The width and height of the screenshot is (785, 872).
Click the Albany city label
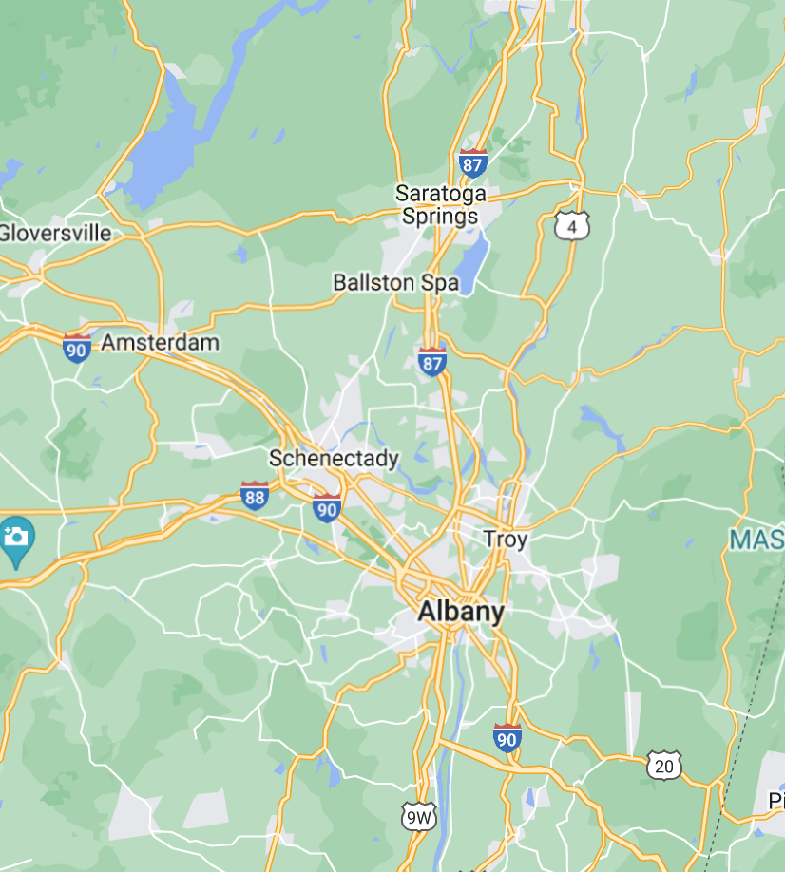coord(461,612)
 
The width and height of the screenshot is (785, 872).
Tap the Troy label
coord(505,540)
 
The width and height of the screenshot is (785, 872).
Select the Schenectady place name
coord(334,459)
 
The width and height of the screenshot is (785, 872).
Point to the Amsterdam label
coord(160,342)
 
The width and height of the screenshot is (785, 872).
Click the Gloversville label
coord(55,233)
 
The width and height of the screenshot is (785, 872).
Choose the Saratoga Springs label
coord(440,204)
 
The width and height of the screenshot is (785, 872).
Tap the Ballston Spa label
coord(395,282)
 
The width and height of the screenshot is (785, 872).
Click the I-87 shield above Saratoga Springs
coord(472,162)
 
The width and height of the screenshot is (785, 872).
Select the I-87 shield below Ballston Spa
coord(431,361)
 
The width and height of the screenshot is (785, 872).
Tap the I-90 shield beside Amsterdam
coord(77,348)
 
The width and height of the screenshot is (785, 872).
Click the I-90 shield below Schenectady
coord(327,508)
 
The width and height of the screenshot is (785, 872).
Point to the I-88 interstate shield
coord(254,495)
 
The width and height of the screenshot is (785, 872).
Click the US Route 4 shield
coord(572,226)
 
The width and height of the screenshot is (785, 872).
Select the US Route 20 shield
coord(664,764)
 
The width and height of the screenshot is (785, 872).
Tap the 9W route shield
coord(418,815)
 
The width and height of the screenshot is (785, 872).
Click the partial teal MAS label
coord(757,540)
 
